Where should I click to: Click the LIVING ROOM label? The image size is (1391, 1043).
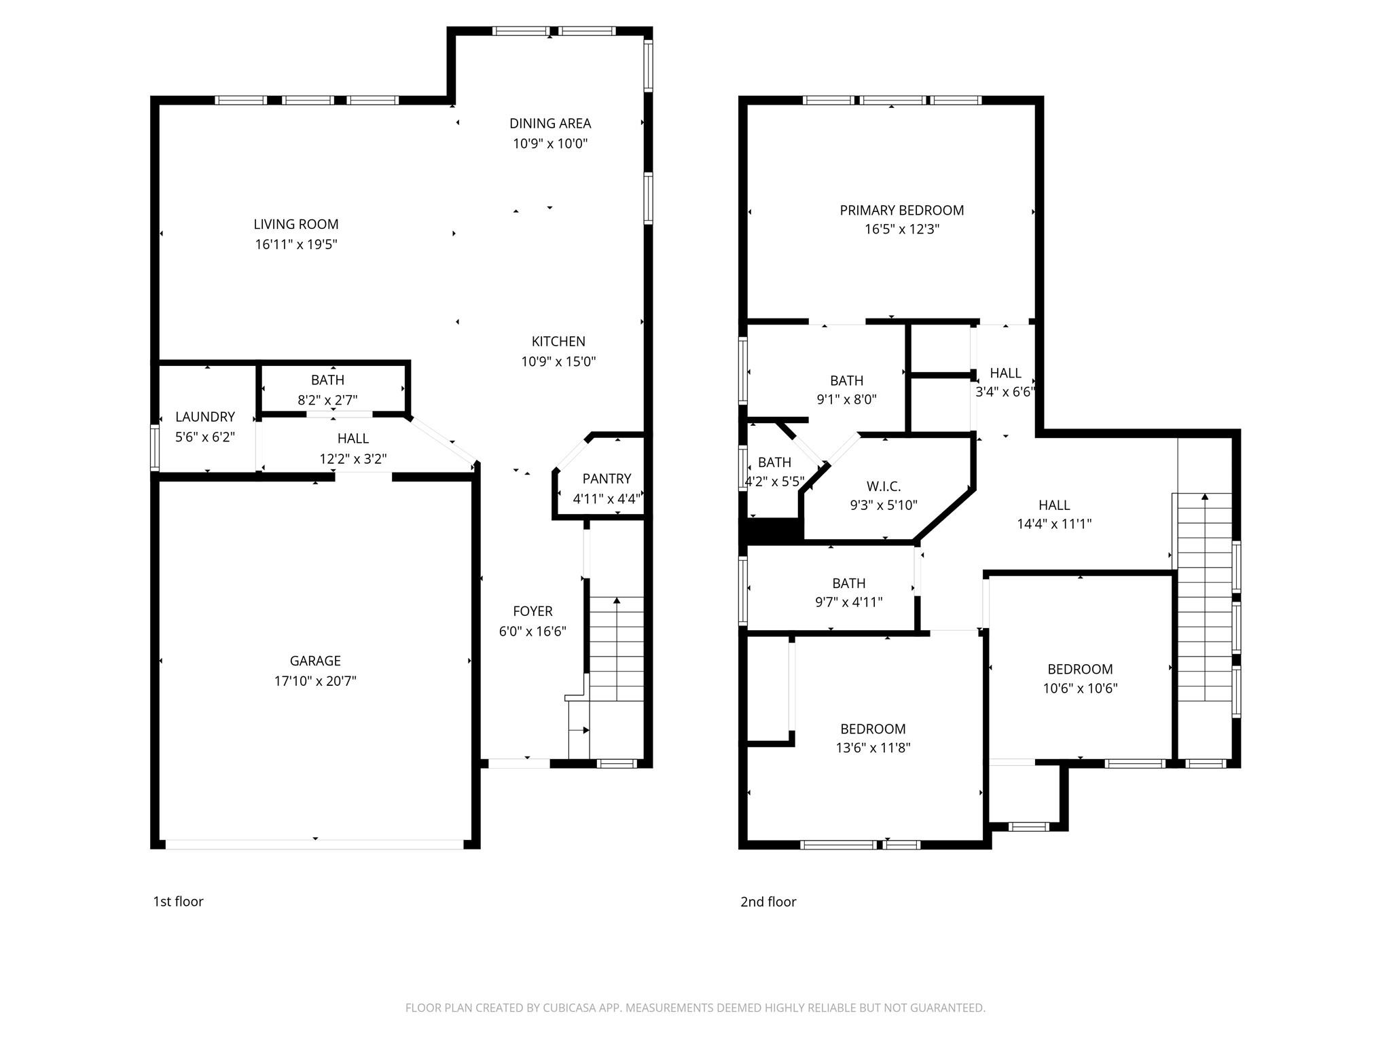295,224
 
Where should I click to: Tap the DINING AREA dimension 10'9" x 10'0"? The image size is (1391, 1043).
549,143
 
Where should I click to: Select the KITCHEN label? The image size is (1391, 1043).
558,342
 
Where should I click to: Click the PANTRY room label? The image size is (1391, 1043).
607,479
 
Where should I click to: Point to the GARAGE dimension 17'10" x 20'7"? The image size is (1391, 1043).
315,680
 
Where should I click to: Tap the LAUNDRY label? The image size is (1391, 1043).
204,417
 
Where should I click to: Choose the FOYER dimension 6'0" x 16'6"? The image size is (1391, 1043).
532,632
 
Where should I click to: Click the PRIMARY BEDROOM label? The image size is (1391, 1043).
901,211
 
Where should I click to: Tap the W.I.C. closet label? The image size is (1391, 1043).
883,487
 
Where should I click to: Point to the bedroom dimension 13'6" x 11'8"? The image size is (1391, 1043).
873,748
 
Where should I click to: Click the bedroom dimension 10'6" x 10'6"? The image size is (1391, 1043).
1080,689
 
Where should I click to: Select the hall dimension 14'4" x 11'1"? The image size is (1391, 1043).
1053,524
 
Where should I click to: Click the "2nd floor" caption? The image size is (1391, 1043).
767,902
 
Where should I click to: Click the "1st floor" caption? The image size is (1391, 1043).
178,902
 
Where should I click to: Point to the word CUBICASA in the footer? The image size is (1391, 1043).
569,1008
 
